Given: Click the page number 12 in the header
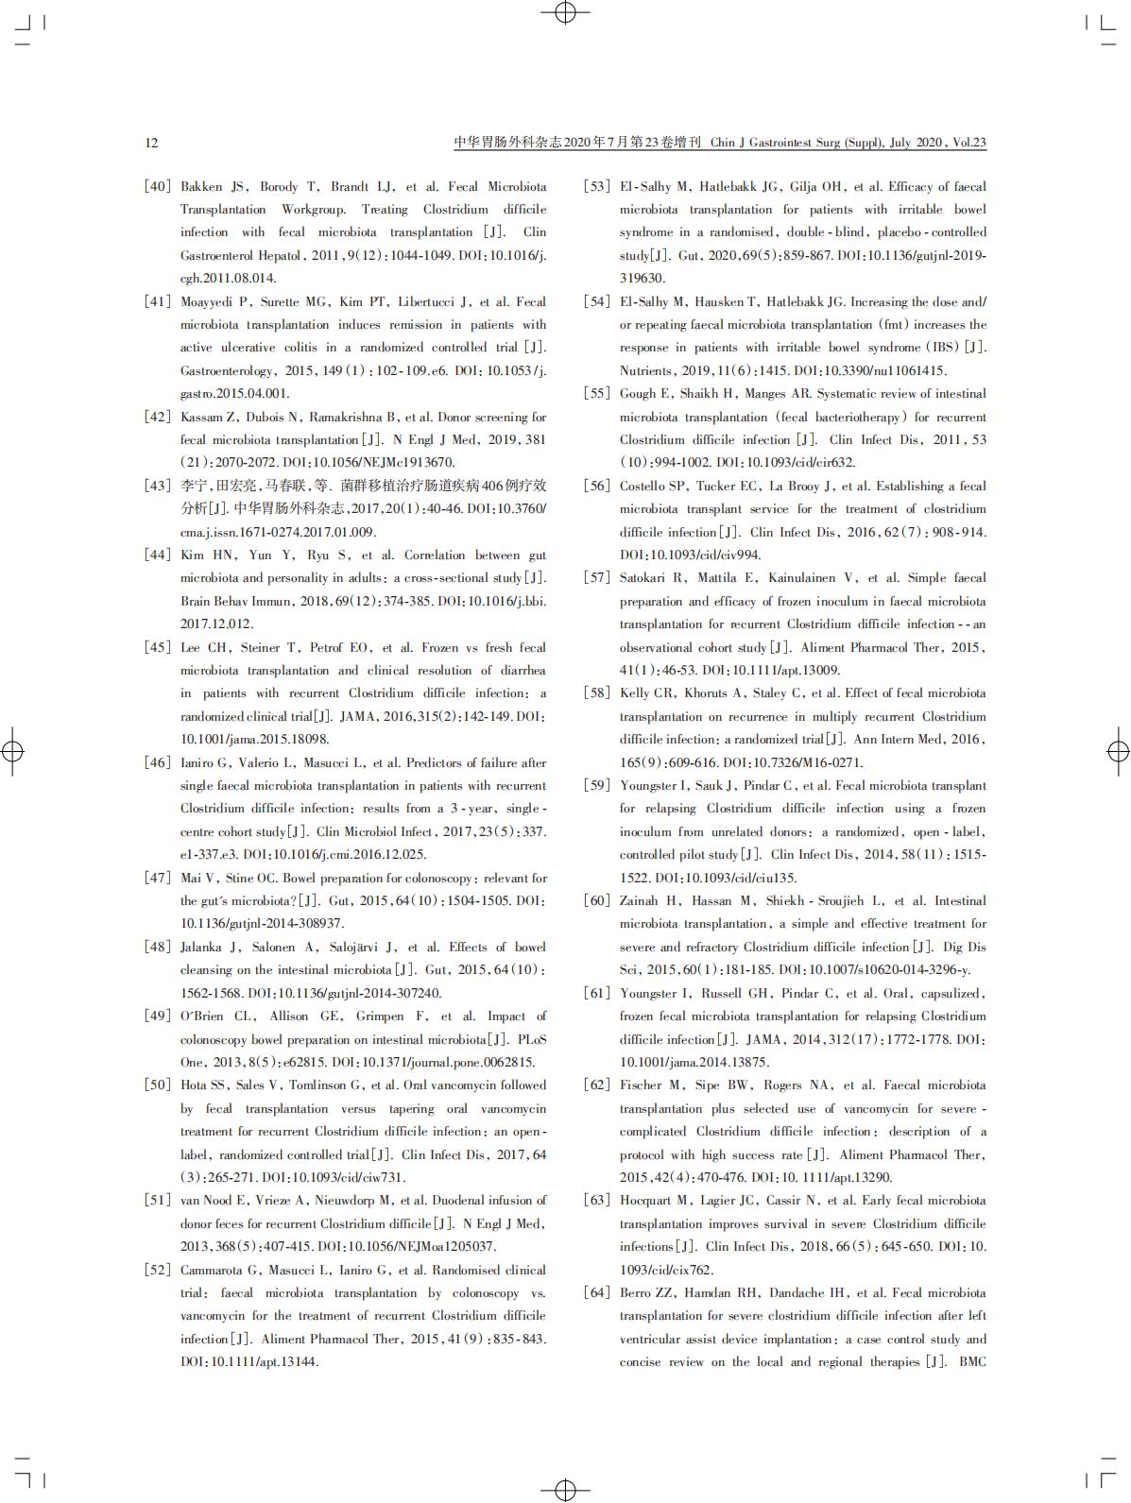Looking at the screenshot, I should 152,143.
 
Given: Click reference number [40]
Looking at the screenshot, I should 157,186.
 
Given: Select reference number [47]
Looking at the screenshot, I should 157,878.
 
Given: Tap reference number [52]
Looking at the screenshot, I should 157,1270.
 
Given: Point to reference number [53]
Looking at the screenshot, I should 596,186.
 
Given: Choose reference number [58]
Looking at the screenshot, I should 596,692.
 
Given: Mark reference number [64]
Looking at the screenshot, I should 596,1292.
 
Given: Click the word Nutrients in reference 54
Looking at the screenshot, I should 645,370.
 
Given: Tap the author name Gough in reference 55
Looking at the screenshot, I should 638,393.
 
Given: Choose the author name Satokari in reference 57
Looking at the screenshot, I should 644,577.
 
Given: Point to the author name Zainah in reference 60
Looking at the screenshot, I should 641,900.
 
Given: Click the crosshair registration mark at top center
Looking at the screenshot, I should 565,12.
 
